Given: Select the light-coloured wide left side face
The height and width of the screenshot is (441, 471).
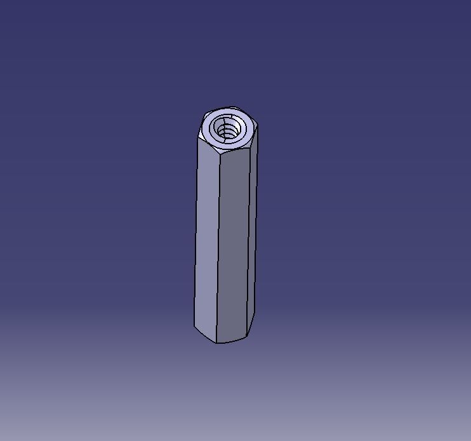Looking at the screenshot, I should point(207,235).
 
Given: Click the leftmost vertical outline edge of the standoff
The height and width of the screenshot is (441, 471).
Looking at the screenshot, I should point(196,235).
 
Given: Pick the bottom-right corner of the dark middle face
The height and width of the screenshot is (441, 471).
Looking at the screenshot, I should point(247,337).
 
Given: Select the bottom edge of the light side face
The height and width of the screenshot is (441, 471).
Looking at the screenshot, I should point(205,335).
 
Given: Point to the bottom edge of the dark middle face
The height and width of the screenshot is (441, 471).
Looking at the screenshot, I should point(232,341).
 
